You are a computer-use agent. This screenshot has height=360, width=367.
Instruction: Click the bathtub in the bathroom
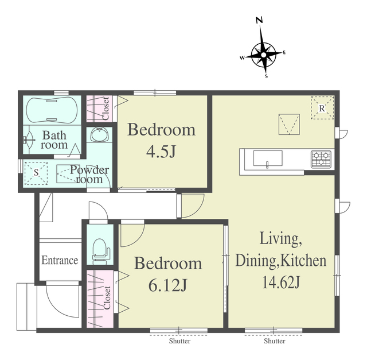pyautogui.click(x=52, y=110)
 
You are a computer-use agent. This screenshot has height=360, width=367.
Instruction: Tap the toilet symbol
pyautogui.click(x=100, y=251)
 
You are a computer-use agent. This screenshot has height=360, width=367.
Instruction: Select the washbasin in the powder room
pyautogui.click(x=100, y=135)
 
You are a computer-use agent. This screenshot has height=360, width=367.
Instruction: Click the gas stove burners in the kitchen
pyautogui.click(x=321, y=159)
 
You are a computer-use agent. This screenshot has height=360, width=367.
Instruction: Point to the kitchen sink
pyautogui.click(x=268, y=158)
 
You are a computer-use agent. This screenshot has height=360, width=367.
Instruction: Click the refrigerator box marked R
pyautogui.click(x=322, y=108)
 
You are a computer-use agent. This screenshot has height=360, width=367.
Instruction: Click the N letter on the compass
pyautogui.click(x=259, y=21)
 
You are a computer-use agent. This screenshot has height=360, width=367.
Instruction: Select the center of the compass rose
pyautogui.click(x=264, y=55)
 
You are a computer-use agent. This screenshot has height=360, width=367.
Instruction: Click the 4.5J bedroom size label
pyautogui.click(x=161, y=152)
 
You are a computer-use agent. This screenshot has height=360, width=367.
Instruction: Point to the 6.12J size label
pyautogui.click(x=168, y=285)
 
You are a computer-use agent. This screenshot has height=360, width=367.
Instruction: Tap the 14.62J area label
pyautogui.click(x=281, y=282)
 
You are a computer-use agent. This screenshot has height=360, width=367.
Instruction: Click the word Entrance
pyautogui.click(x=60, y=260)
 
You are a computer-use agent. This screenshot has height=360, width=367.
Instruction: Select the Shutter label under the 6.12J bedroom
pyautogui.click(x=179, y=341)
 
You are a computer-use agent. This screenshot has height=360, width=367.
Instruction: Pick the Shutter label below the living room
pyautogui.click(x=275, y=341)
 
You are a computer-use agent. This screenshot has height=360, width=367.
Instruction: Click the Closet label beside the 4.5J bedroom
pyautogui.click(x=106, y=109)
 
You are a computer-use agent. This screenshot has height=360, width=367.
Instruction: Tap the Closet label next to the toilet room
pyautogui.click(x=107, y=297)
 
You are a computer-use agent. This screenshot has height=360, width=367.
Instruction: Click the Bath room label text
pyautogui.click(x=54, y=140)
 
